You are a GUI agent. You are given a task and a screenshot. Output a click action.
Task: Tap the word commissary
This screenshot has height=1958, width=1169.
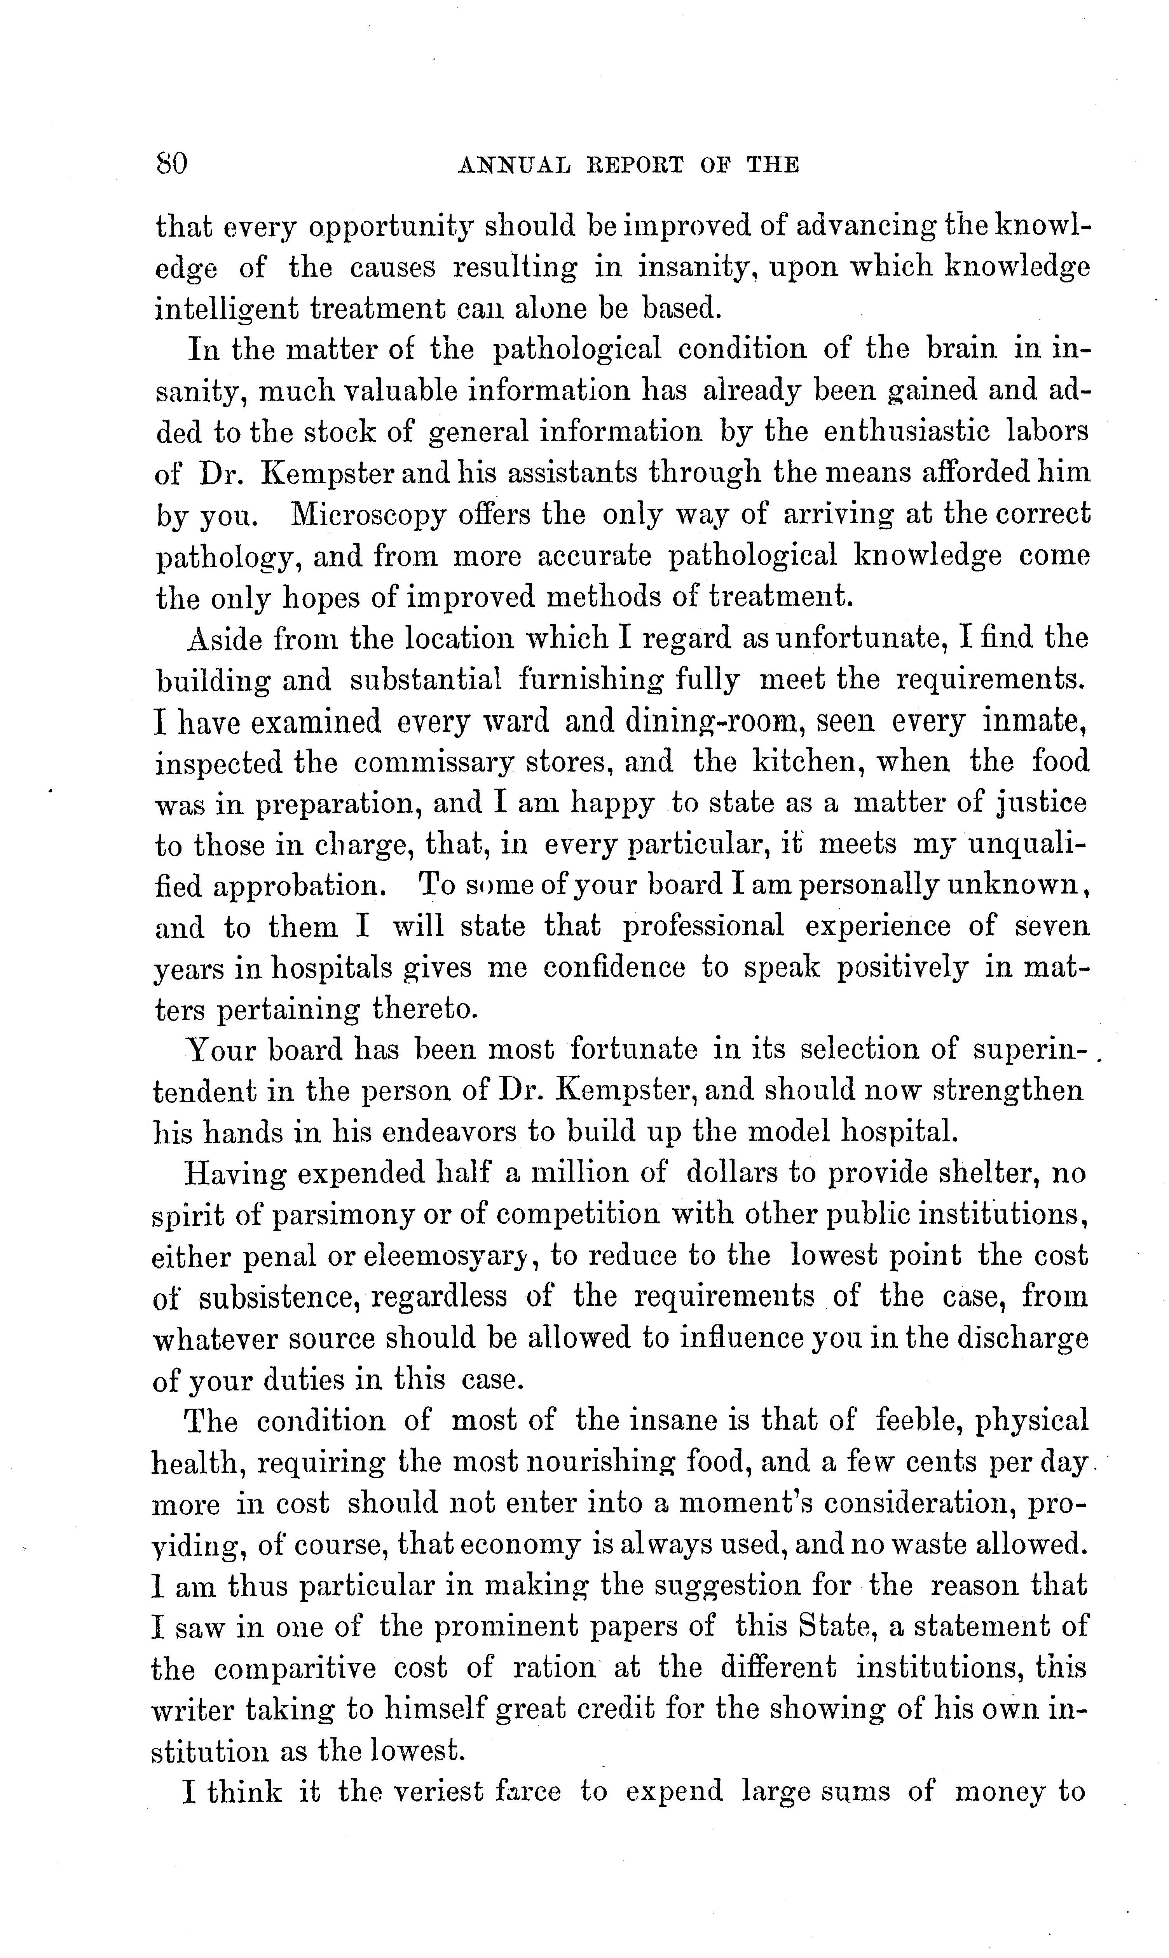pos(433,762)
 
